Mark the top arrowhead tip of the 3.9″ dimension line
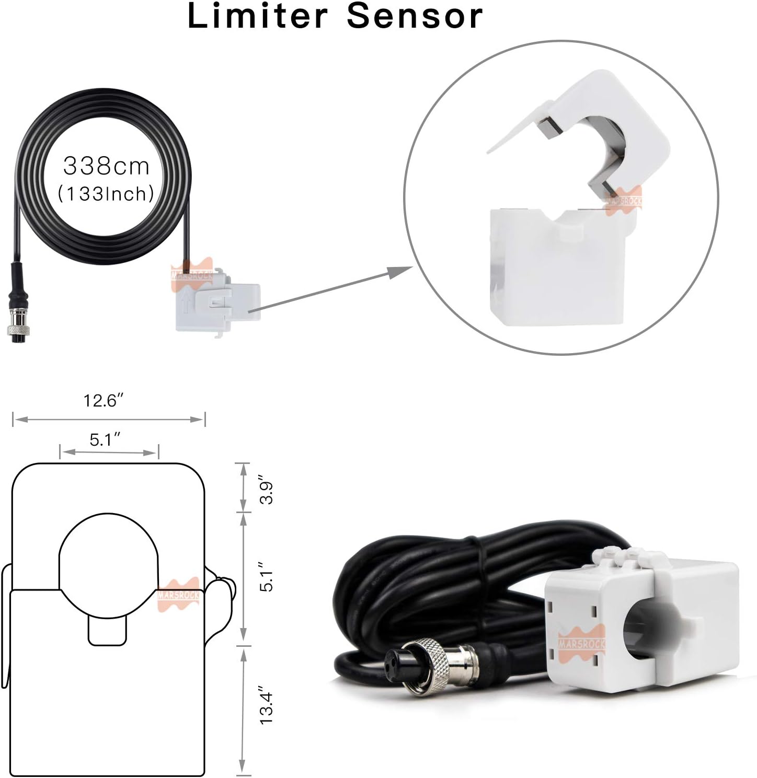(x=242, y=464)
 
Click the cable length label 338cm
(x=106, y=166)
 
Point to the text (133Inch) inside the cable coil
(x=106, y=194)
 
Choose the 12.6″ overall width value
(x=103, y=400)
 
